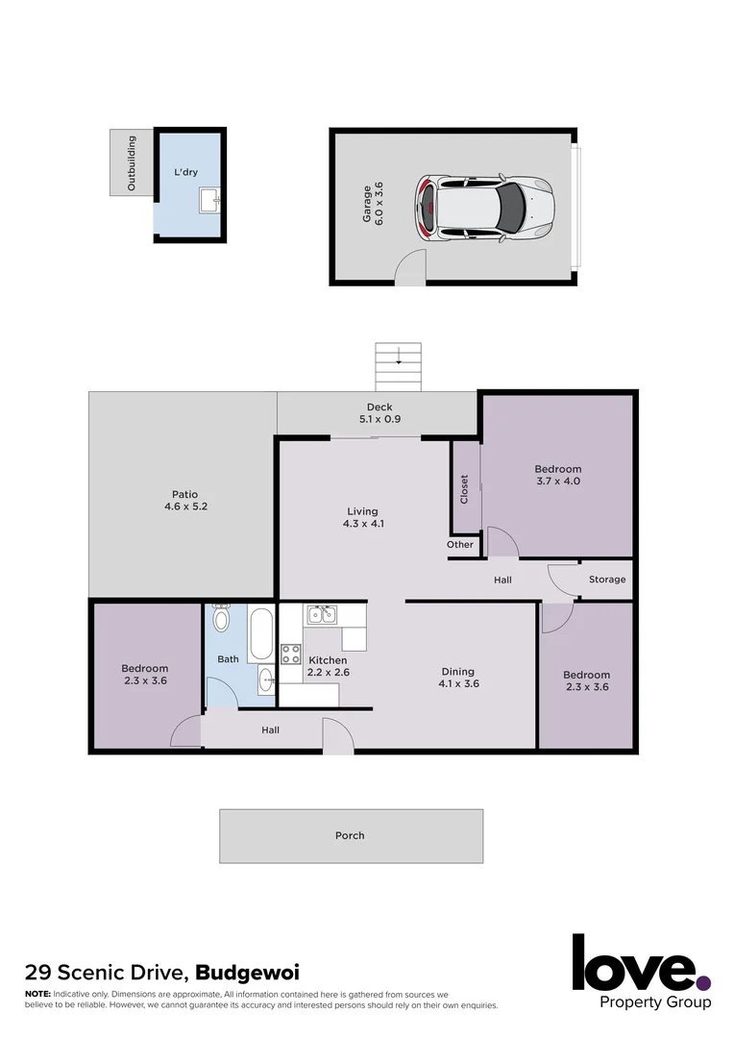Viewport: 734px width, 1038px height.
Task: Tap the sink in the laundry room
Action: pos(210,200)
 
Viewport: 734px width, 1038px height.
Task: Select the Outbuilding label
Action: pos(132,163)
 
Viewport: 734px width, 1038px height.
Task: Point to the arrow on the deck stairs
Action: pos(398,361)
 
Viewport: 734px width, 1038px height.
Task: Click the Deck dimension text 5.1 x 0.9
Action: pos(379,420)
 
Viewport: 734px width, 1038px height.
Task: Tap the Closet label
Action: pos(465,490)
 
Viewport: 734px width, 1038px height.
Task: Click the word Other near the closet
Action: pos(460,545)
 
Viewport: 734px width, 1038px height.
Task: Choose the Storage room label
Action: pos(607,580)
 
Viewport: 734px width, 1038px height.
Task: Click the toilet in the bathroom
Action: pos(221,618)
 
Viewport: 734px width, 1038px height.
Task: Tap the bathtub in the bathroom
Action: pos(259,633)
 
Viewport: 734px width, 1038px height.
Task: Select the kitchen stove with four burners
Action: pos(291,655)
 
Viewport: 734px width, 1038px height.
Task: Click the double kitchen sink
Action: pos(320,614)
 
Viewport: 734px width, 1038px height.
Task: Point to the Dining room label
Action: pos(458,672)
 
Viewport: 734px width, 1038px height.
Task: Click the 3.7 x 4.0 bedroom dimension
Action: pos(557,482)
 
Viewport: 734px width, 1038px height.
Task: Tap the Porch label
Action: pos(350,836)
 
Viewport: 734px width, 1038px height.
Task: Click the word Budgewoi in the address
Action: pos(248,973)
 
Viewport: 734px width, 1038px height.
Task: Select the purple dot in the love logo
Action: pos(703,982)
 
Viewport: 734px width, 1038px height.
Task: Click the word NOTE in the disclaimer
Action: pos(37,993)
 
